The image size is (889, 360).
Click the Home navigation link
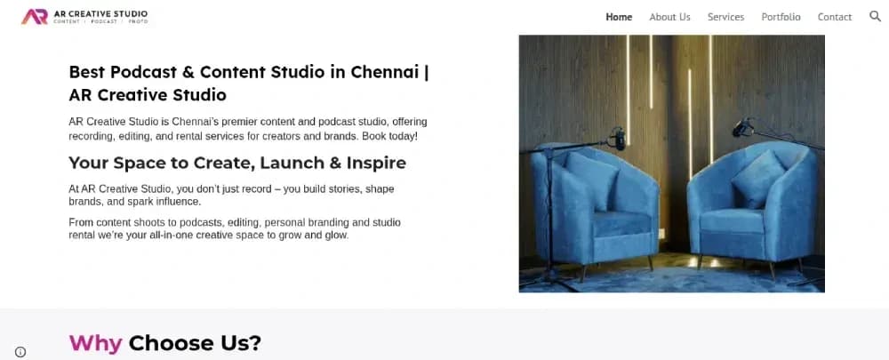[619, 17]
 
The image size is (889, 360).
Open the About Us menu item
[669, 17]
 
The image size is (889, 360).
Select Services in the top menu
[725, 17]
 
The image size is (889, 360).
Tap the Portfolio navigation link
[781, 17]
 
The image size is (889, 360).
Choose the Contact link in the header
[835, 17]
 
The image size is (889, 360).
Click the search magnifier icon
[875, 16]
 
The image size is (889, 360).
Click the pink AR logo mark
[35, 17]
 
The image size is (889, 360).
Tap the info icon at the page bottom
[20, 352]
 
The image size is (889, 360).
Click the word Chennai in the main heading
[384, 73]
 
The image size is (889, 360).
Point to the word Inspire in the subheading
[376, 164]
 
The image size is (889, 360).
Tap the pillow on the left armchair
[591, 180]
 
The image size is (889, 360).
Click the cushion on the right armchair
[758, 178]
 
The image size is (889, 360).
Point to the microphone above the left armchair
[618, 139]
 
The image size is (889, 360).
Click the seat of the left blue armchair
[622, 223]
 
